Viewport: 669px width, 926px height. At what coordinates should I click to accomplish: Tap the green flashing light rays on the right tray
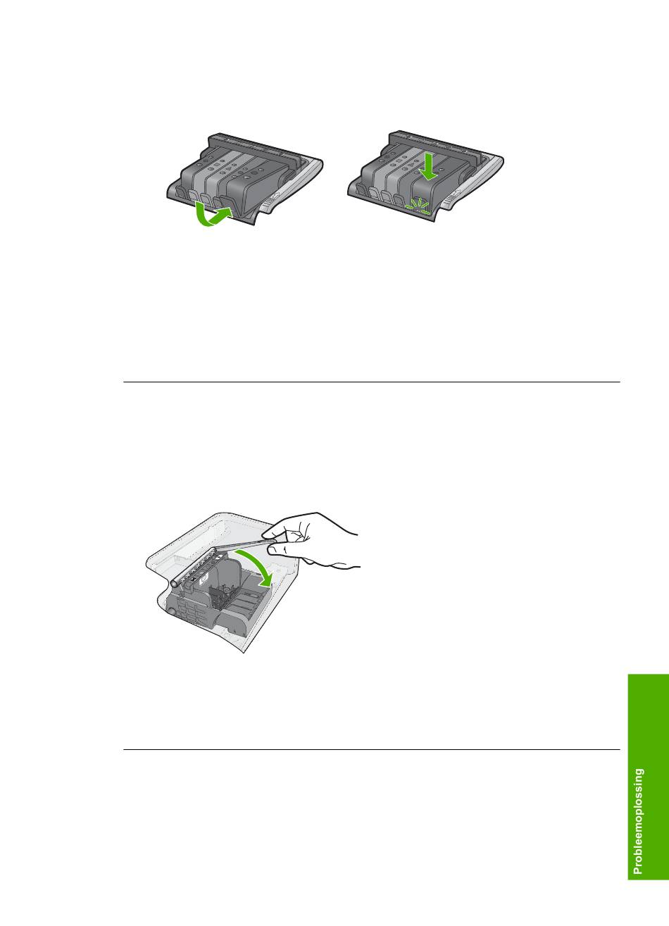pos(418,206)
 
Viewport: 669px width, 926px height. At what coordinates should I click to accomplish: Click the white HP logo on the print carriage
pos(204,581)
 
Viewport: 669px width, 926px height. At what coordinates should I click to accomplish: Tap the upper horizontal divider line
pos(372,382)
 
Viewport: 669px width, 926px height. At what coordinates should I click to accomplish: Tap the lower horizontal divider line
pos(372,749)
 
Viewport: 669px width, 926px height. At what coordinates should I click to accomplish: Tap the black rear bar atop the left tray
pos(252,146)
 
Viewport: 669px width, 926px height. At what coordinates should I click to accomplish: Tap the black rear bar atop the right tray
pos(434,144)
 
